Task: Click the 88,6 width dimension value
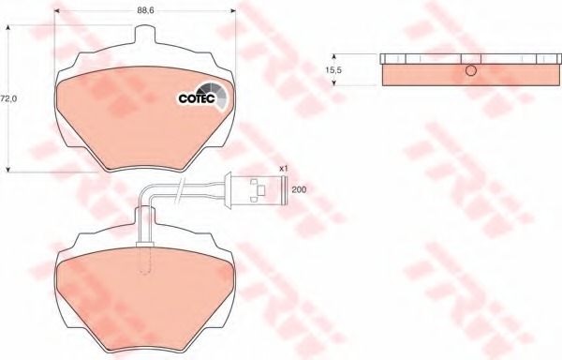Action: (145, 10)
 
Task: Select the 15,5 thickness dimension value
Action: (333, 70)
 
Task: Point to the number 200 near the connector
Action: (299, 189)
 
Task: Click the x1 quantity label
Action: (284, 168)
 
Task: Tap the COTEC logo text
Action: (197, 98)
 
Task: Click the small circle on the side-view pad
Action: (471, 70)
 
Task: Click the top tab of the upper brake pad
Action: (145, 34)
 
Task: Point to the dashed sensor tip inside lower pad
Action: (145, 261)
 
